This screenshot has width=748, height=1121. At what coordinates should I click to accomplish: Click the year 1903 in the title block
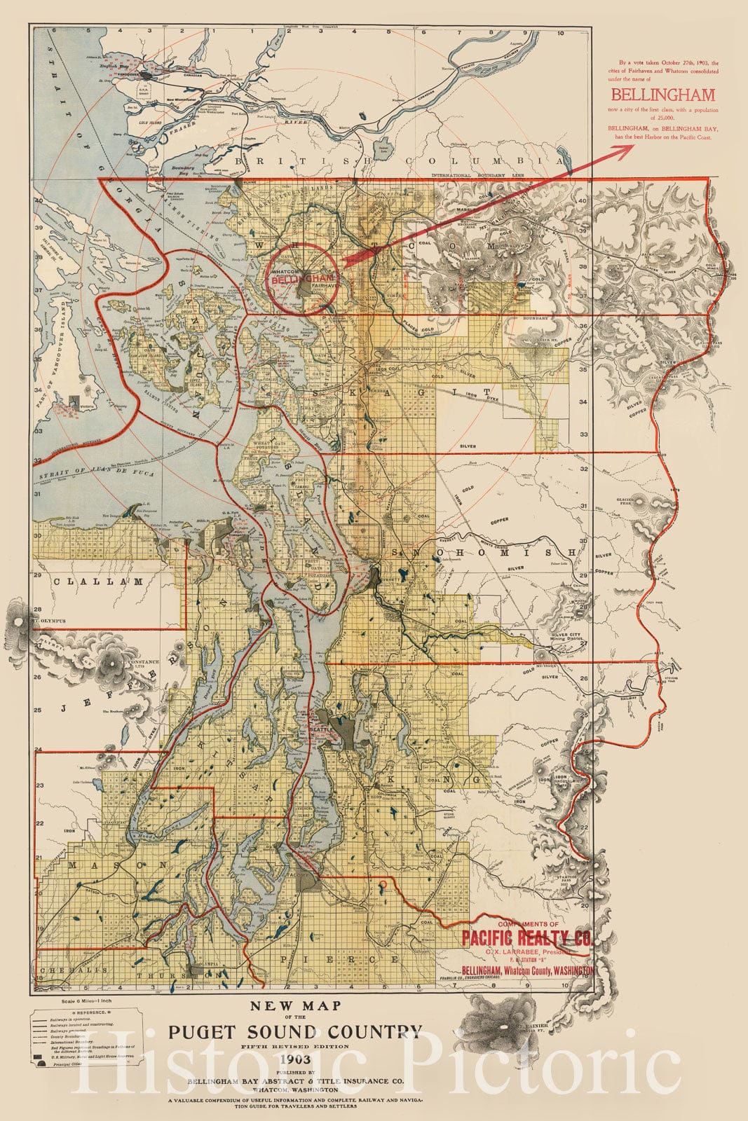click(x=295, y=1057)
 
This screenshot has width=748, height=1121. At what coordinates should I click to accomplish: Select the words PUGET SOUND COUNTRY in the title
click(x=295, y=1031)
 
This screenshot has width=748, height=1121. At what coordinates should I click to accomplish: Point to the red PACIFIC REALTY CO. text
click(x=526, y=937)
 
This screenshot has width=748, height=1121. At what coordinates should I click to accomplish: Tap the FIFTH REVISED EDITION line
click(x=295, y=1046)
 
